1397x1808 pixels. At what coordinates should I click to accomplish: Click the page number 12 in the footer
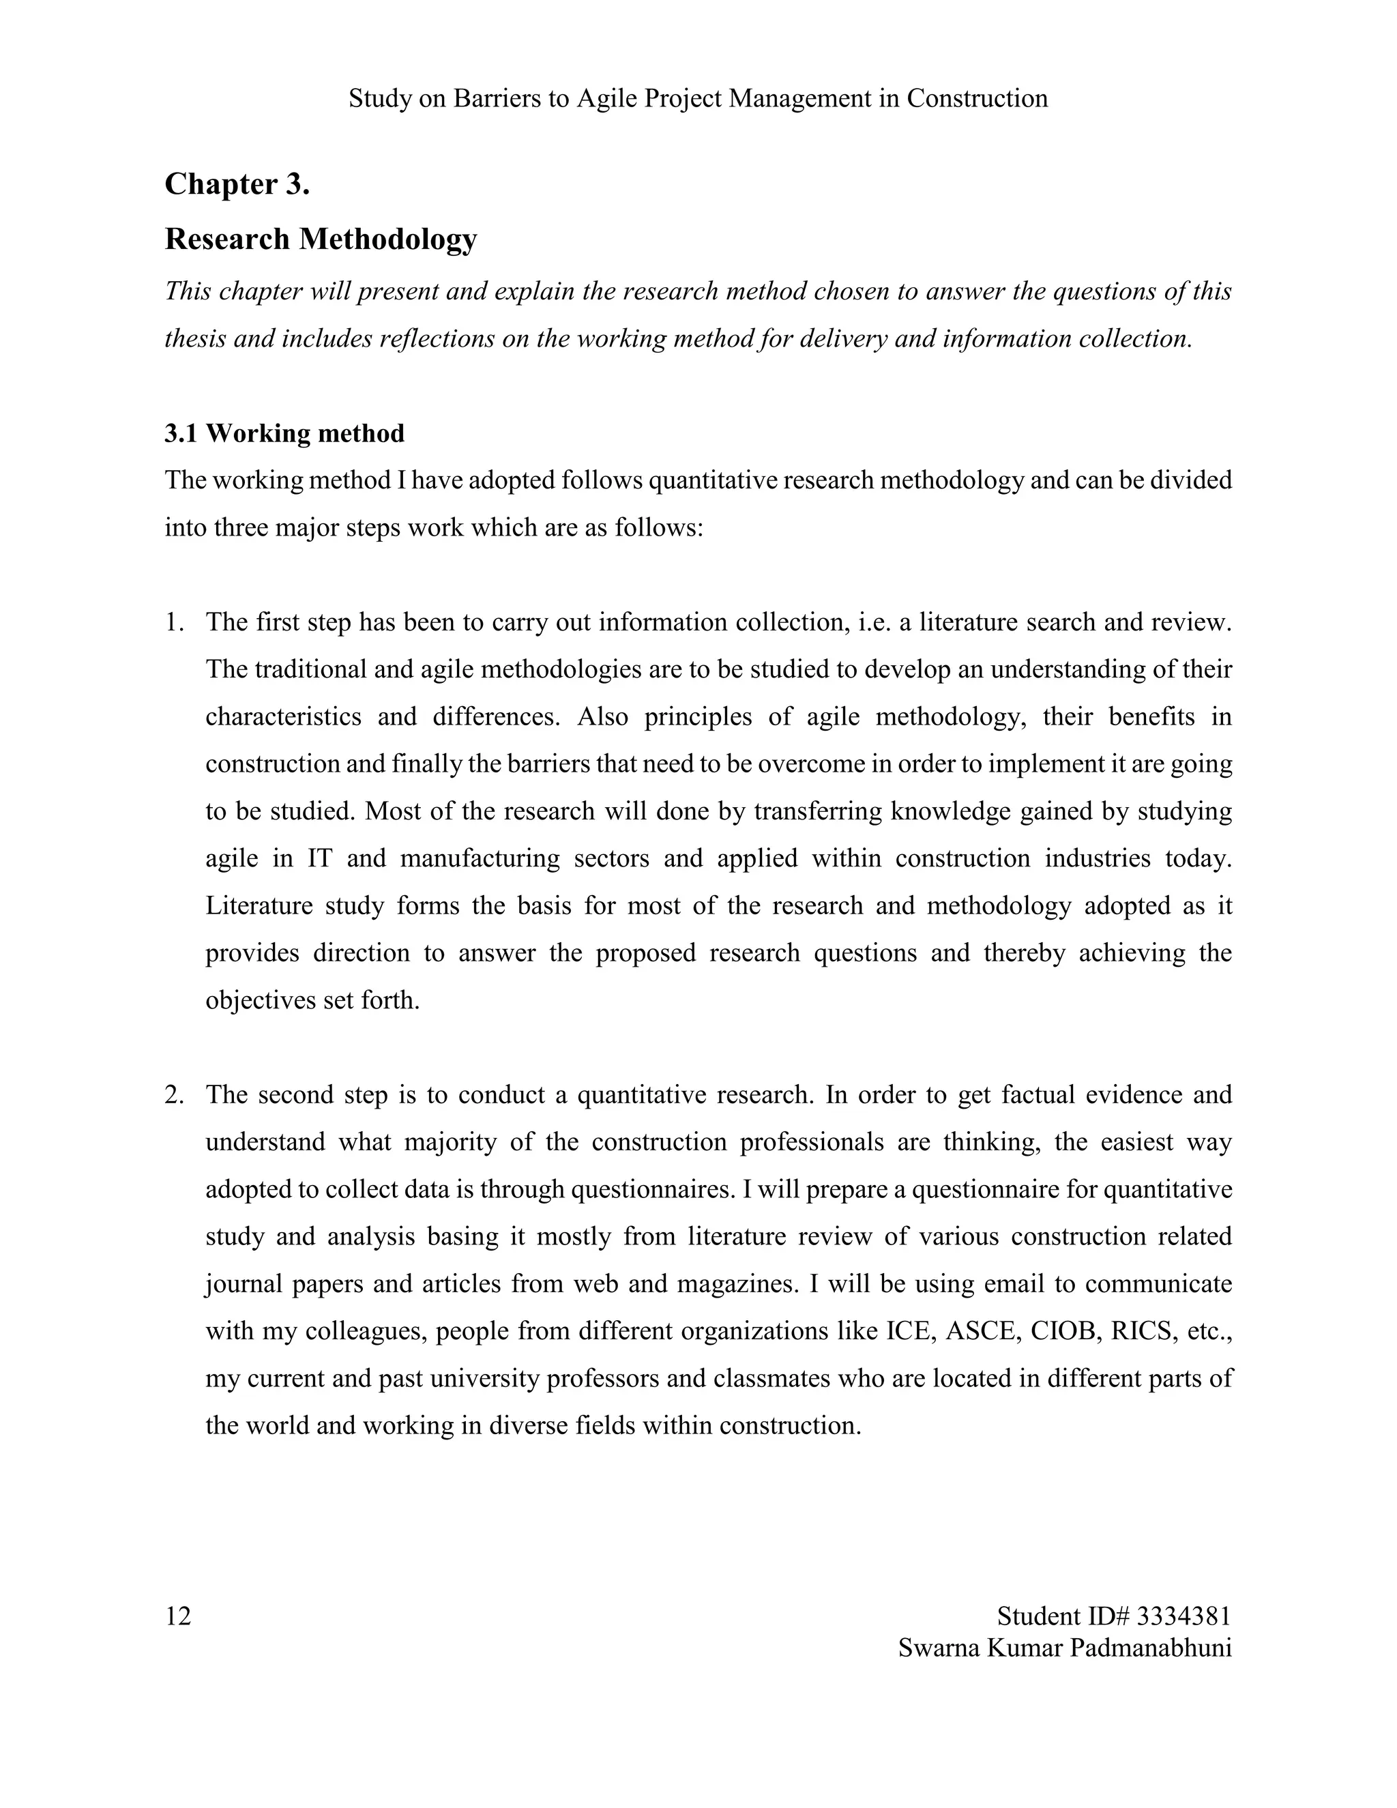(x=178, y=1616)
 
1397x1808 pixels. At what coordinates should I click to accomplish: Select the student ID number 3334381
(x=1184, y=1616)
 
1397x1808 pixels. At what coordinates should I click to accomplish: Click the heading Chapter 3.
(x=237, y=184)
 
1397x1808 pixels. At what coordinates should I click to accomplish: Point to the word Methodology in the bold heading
(x=387, y=239)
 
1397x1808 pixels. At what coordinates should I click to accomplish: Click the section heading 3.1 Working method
(x=284, y=433)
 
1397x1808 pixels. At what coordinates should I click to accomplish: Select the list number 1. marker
(x=174, y=622)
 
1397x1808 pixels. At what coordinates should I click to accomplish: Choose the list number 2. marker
(x=174, y=1094)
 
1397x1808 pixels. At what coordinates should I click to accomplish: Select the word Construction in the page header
(x=977, y=98)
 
